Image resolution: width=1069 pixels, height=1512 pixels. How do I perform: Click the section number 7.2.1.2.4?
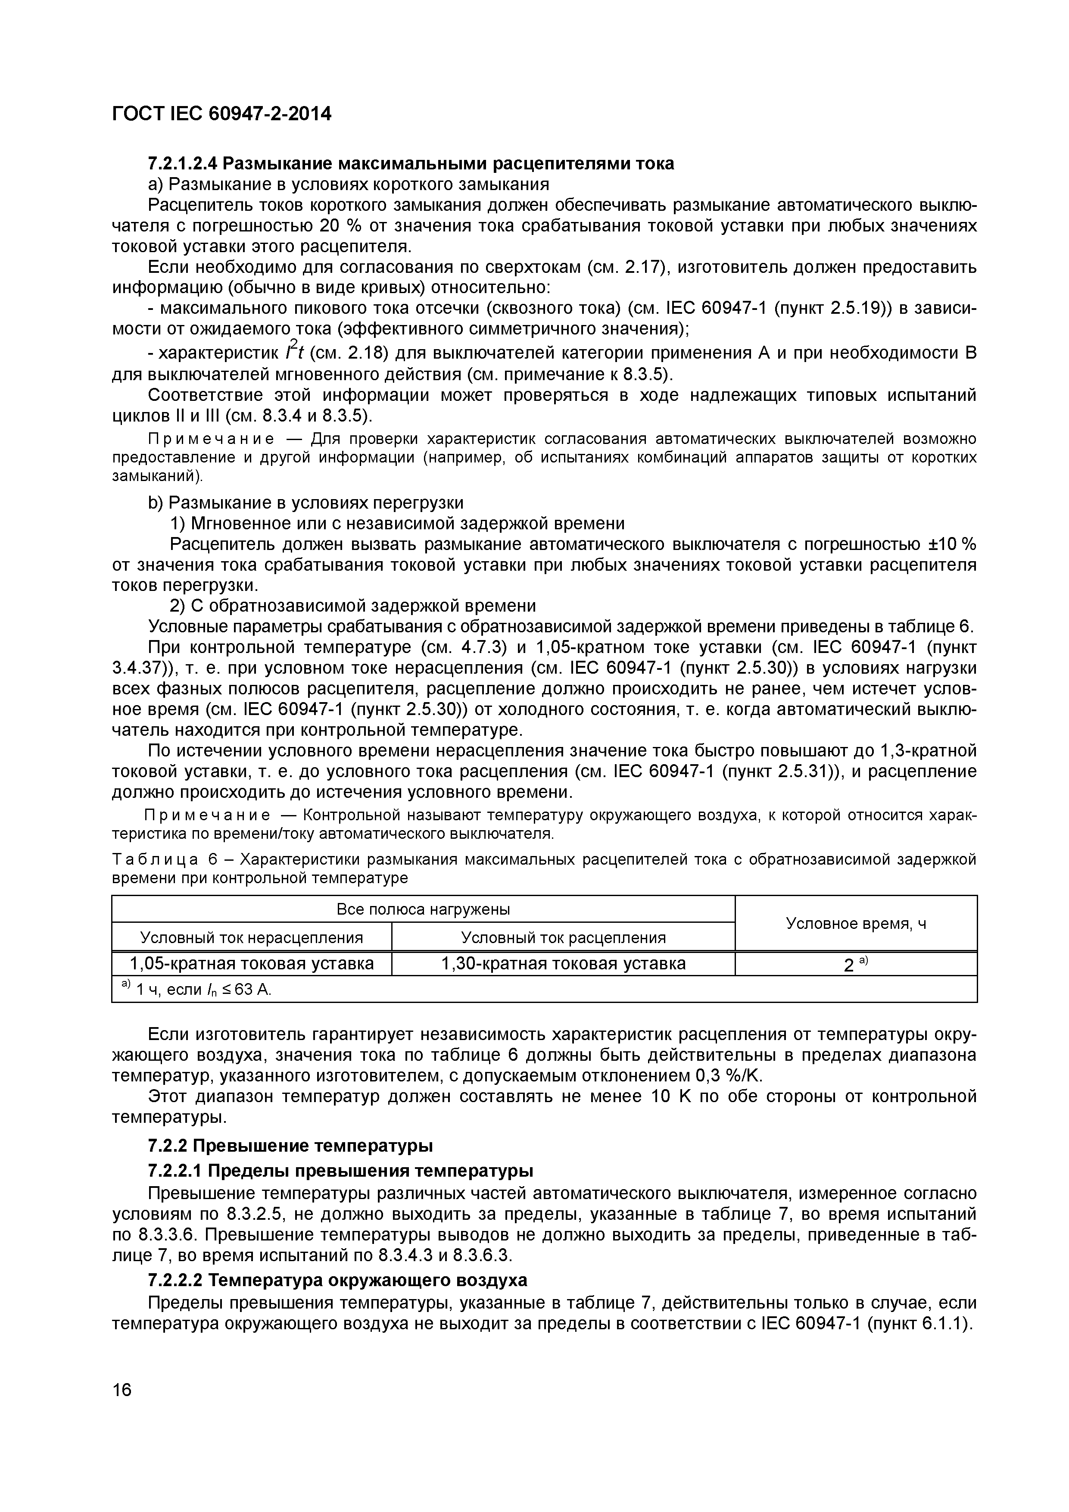tap(182, 163)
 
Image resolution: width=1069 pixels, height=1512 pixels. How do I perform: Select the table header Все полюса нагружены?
tap(423, 909)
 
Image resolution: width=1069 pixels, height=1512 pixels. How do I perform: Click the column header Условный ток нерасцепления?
tap(252, 937)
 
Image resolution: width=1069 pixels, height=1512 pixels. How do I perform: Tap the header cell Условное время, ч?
tap(856, 923)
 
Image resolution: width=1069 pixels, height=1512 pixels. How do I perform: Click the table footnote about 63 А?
tap(197, 989)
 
